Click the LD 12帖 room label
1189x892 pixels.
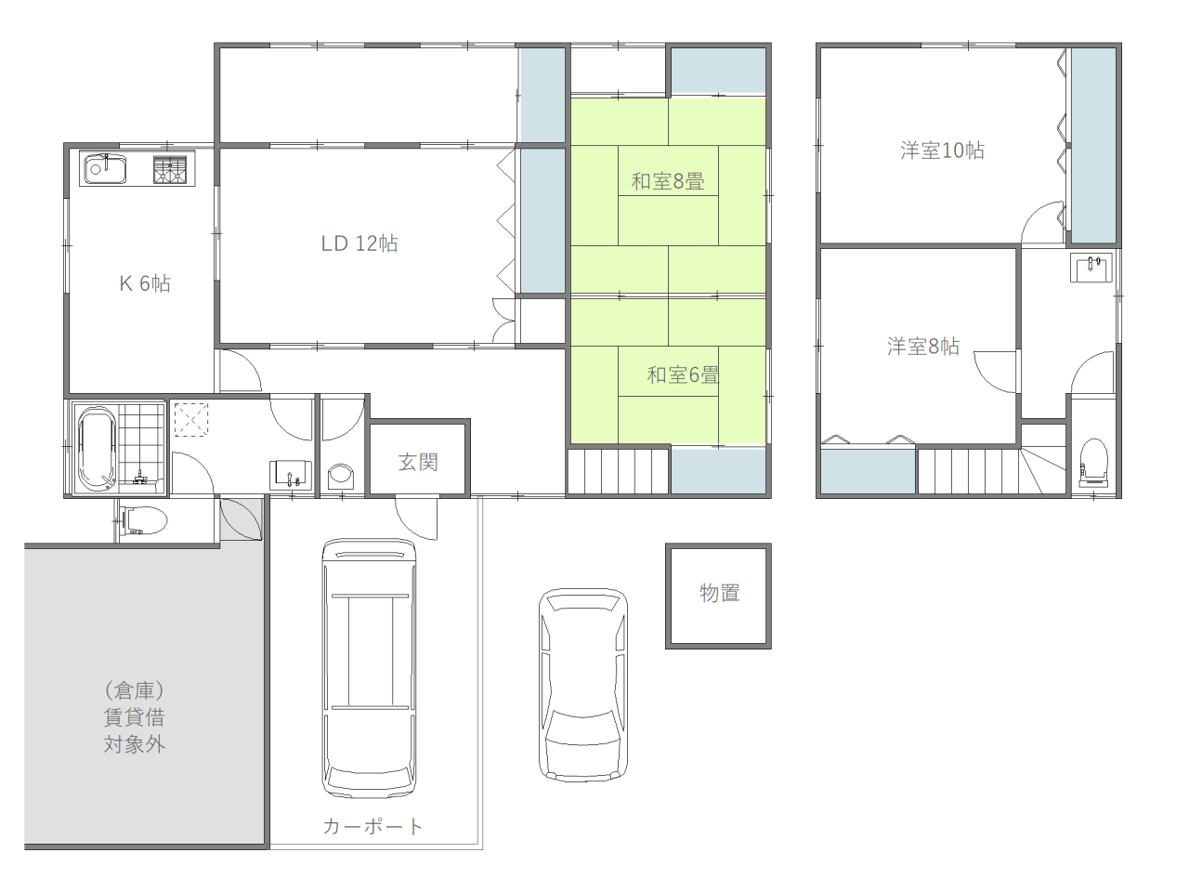359,243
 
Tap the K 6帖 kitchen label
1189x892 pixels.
145,283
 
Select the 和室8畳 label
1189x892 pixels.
667,181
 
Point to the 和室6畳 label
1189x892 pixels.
683,375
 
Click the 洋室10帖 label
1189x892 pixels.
942,151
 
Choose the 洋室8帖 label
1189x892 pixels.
923,347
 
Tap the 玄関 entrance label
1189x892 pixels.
418,463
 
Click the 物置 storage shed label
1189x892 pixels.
719,593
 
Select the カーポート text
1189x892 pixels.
372,826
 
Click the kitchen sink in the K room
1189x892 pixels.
105,168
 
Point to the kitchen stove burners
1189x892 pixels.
170,169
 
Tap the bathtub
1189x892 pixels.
97,450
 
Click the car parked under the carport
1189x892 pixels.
370,667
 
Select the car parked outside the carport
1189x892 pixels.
583,685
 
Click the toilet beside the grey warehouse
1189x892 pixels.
142,520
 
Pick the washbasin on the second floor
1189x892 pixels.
1091,267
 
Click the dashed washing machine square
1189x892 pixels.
191,419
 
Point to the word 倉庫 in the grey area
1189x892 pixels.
135,690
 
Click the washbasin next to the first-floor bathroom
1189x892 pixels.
291,475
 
